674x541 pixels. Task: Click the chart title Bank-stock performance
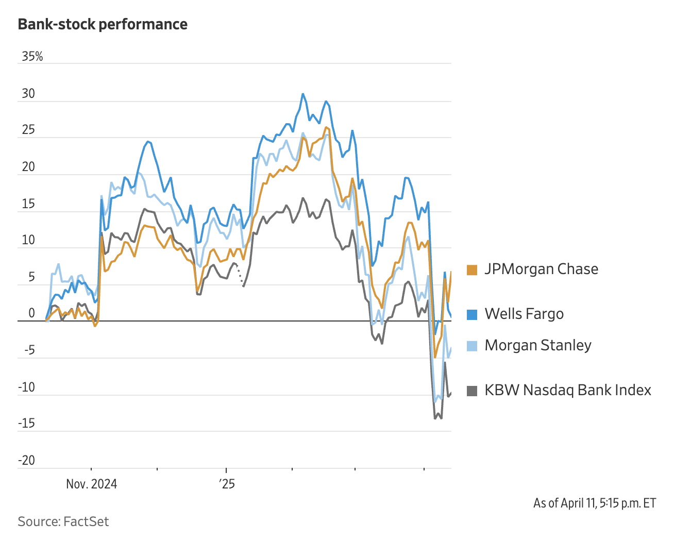pyautogui.click(x=103, y=24)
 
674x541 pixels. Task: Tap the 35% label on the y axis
pyautogui.click(x=32, y=57)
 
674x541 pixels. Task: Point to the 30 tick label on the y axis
pyautogui.click(x=28, y=94)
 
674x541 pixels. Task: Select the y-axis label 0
pyautogui.click(x=32, y=313)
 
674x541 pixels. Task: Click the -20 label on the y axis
pyautogui.click(x=26, y=460)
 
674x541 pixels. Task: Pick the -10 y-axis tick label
pyautogui.click(x=26, y=387)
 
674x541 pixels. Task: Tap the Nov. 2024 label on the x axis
pyautogui.click(x=92, y=484)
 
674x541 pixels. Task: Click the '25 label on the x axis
pyautogui.click(x=227, y=484)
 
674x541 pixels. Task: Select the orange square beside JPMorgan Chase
pyautogui.click(x=471, y=269)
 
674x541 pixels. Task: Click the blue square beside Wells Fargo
pyautogui.click(x=471, y=314)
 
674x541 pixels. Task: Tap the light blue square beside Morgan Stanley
pyautogui.click(x=471, y=346)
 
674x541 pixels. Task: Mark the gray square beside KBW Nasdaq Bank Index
pyautogui.click(x=471, y=391)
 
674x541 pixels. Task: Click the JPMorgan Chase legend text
pyautogui.click(x=541, y=269)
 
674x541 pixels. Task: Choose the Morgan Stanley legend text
pyautogui.click(x=538, y=345)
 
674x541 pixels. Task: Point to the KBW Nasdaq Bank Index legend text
pyautogui.click(x=568, y=390)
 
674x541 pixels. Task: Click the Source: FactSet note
pyautogui.click(x=63, y=521)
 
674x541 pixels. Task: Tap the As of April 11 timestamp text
pyautogui.click(x=595, y=503)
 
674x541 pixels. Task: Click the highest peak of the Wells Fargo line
pyautogui.click(x=303, y=94)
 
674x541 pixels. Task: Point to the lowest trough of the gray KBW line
pyautogui.click(x=435, y=418)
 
